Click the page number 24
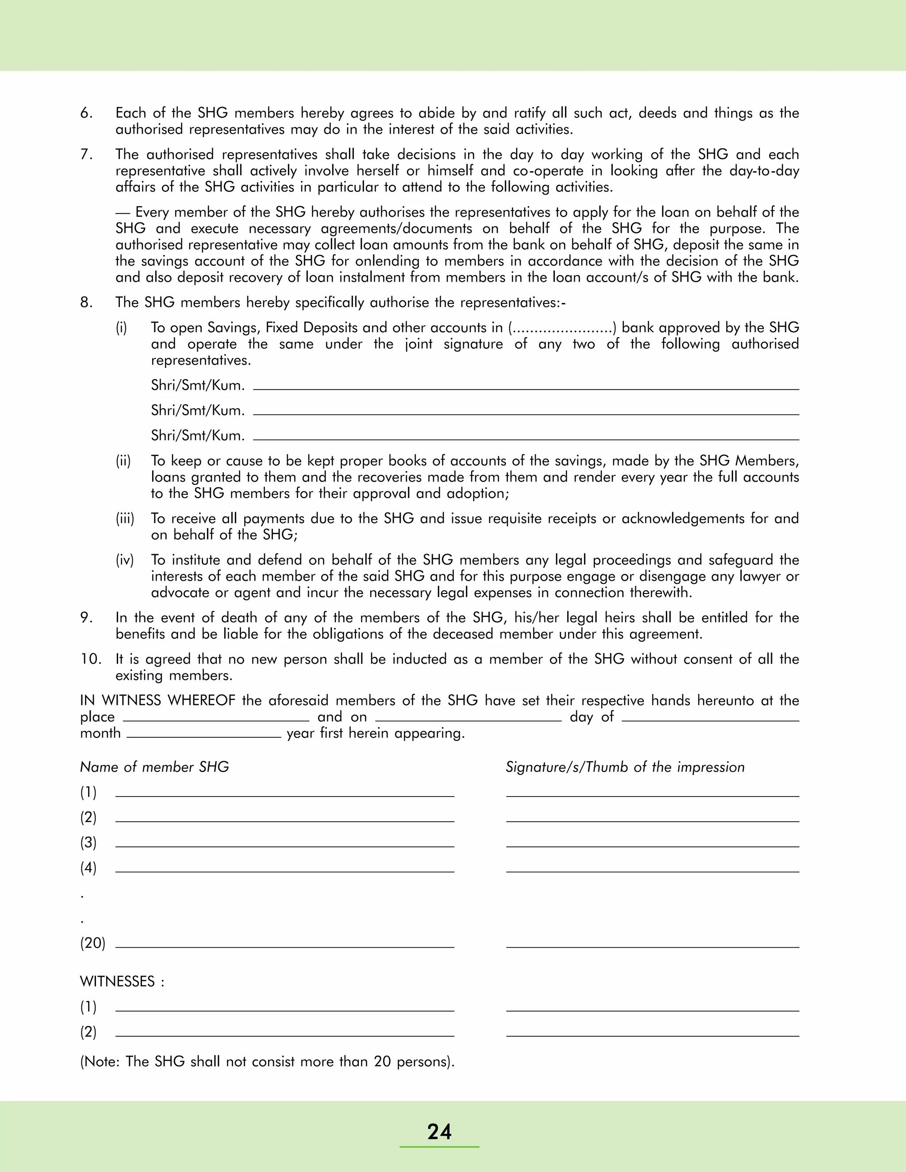coord(439,1132)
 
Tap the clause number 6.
coord(86,113)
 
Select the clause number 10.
coord(91,659)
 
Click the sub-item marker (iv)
coord(124,560)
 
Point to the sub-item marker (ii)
coord(123,461)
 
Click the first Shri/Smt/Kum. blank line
coord(526,388)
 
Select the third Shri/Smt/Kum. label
coord(197,436)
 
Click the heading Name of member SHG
coord(154,767)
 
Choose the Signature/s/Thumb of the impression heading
coord(625,767)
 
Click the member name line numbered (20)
coord(284,946)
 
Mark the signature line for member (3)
coord(652,845)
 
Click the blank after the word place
coord(216,719)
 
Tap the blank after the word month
coord(203,736)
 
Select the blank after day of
coord(710,719)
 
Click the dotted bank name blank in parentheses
coord(561,328)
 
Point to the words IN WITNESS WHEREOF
coord(158,701)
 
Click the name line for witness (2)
coord(284,1034)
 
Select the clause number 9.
coord(86,618)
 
